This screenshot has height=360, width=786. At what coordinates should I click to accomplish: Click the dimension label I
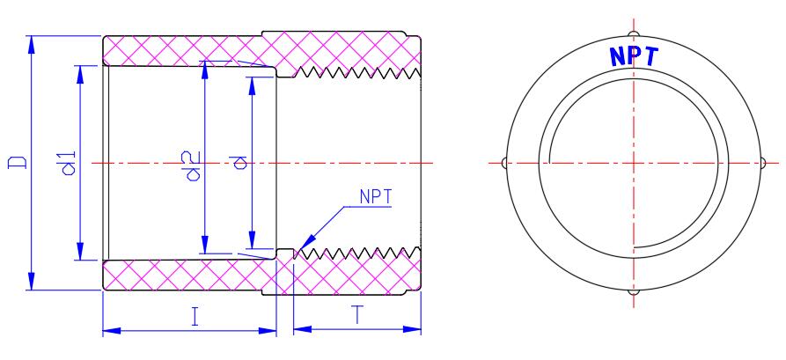pyautogui.click(x=195, y=317)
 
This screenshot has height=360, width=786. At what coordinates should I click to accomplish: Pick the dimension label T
pyautogui.click(x=356, y=316)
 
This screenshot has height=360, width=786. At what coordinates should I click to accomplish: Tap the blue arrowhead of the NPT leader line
pyautogui.click(x=306, y=242)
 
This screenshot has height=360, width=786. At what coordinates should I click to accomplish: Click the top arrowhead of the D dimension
pyautogui.click(x=32, y=44)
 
